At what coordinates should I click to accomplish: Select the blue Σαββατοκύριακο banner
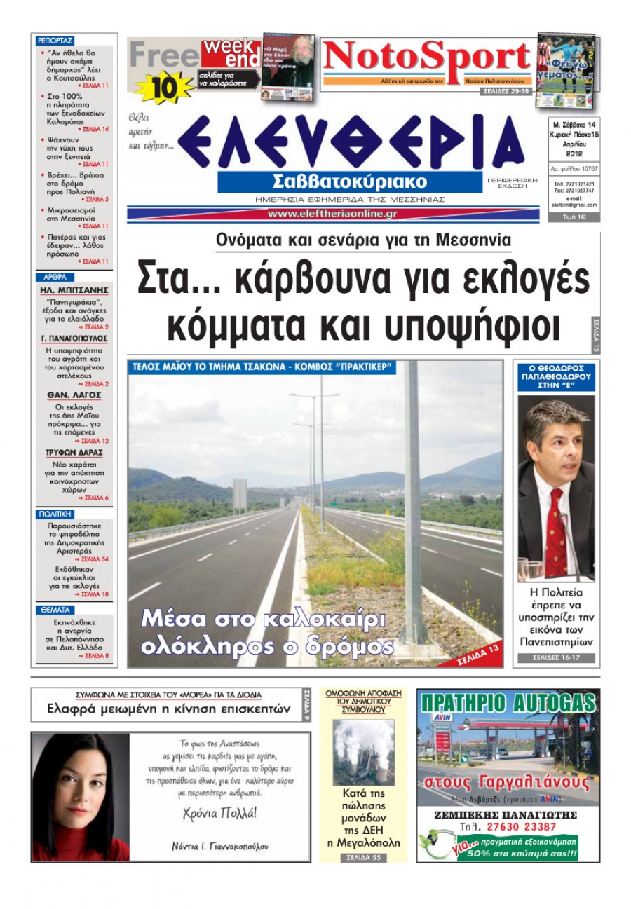(350, 182)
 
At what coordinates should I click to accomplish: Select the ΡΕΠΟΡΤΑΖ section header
(55, 41)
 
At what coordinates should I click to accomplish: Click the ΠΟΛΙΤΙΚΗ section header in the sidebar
(55, 514)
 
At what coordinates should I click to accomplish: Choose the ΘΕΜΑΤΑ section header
(54, 610)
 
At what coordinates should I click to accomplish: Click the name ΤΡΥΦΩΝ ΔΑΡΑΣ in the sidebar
(74, 453)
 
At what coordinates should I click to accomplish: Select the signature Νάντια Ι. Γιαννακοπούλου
(219, 846)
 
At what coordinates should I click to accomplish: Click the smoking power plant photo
(363, 752)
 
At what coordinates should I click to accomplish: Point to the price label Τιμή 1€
(574, 217)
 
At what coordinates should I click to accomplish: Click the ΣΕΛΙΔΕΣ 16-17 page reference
(556, 658)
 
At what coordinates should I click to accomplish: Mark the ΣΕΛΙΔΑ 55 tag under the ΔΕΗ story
(363, 857)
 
